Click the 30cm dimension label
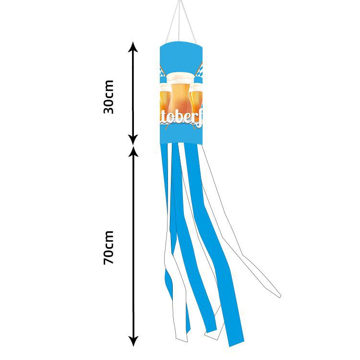click(109, 96)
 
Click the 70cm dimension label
click(109, 248)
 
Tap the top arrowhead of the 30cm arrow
click(133, 47)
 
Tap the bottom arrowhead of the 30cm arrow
click(133, 140)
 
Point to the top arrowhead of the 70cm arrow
click(133, 152)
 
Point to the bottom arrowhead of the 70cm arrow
click(133, 341)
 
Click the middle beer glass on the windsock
click(180, 96)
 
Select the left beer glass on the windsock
click(164, 98)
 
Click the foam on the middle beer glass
click(180, 77)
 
